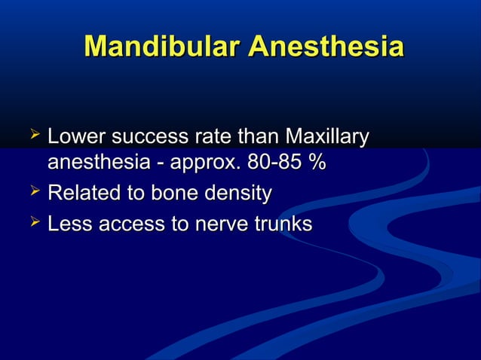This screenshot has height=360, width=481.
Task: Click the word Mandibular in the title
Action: pos(162,47)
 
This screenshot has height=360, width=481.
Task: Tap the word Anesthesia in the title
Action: pos(326,47)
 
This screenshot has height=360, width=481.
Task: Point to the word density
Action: pos(240,194)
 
